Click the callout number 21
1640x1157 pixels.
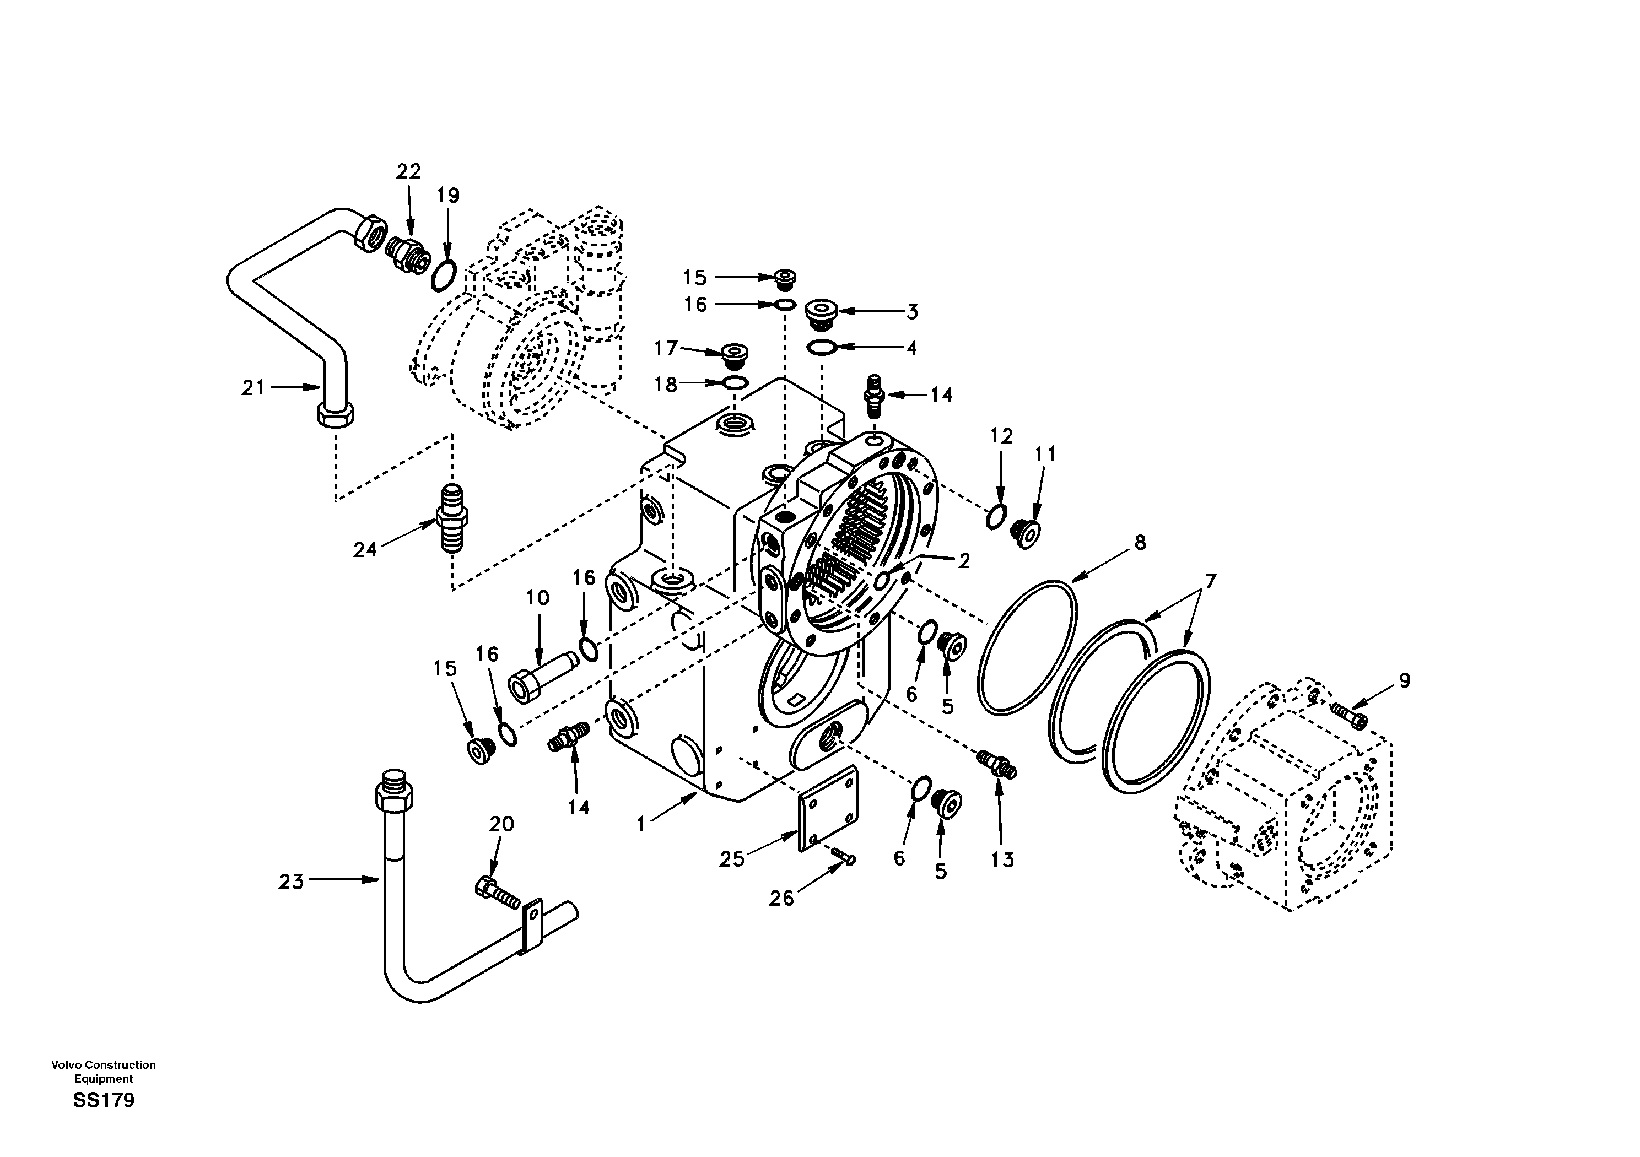pyautogui.click(x=253, y=388)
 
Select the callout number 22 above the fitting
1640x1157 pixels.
pyautogui.click(x=408, y=171)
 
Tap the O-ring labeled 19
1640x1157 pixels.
pyautogui.click(x=444, y=277)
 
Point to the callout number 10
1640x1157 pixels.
pyautogui.click(x=537, y=598)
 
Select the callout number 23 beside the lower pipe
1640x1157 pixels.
pyautogui.click(x=291, y=882)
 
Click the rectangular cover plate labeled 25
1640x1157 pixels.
pyautogui.click(x=827, y=809)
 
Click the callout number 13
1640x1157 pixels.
pyautogui.click(x=1002, y=860)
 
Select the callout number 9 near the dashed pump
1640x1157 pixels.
pyautogui.click(x=1404, y=680)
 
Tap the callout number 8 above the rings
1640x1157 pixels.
pyautogui.click(x=1140, y=543)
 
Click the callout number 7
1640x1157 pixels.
pyautogui.click(x=1210, y=581)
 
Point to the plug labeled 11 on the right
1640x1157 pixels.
pyautogui.click(x=1027, y=533)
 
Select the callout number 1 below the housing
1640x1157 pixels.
pyautogui.click(x=641, y=825)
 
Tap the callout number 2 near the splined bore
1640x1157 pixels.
pyautogui.click(x=964, y=561)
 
